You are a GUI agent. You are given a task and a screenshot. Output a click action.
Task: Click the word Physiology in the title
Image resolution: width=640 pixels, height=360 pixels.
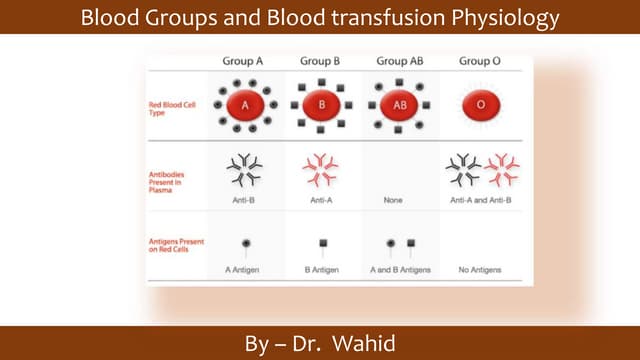pos(499,18)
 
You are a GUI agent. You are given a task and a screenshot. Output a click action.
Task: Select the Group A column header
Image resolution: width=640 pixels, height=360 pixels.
pos(242,62)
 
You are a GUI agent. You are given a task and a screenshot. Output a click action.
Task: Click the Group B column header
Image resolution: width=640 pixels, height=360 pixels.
pos(321,62)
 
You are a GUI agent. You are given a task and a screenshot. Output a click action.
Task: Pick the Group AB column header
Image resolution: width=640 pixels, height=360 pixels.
pos(399,62)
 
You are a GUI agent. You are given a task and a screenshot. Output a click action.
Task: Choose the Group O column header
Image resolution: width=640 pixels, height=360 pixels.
pos(480,62)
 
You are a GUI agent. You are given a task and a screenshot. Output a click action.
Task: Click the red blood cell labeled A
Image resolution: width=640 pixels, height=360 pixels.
pos(244,105)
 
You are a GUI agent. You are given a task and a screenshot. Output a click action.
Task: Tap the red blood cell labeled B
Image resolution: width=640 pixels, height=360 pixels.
pos(322,105)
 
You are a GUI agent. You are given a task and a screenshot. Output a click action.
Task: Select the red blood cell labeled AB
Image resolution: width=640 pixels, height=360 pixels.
pos(400,105)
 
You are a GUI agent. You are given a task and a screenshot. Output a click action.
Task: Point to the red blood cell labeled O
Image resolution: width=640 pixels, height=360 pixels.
pos(481,105)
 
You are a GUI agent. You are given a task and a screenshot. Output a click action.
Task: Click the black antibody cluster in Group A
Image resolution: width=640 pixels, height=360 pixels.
pos(245,170)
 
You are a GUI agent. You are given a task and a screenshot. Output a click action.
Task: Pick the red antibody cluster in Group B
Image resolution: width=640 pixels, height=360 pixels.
pos(322,170)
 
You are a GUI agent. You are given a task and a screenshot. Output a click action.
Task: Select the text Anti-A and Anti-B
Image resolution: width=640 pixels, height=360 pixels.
pos(481,199)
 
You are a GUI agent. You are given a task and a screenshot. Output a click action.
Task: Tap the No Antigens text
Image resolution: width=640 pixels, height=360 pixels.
pos(481,271)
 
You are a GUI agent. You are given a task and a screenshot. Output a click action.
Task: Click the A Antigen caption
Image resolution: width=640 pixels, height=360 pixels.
pos(244,271)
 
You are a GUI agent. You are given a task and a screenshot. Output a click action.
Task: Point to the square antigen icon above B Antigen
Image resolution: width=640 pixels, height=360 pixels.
pos(322,243)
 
